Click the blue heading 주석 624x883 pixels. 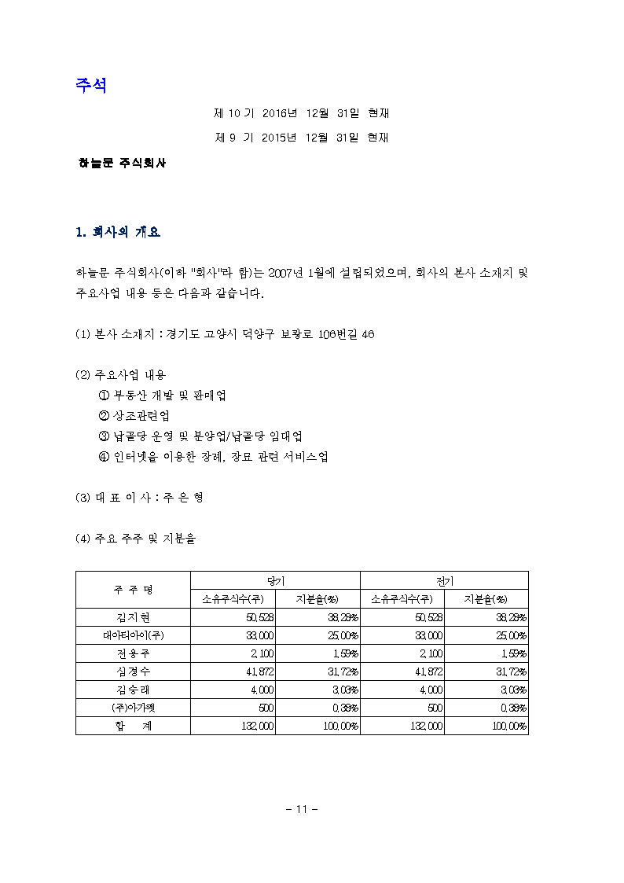(x=91, y=86)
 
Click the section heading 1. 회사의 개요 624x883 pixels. (x=118, y=233)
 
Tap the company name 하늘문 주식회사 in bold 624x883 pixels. (x=121, y=164)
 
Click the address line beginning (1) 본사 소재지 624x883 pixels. (x=225, y=334)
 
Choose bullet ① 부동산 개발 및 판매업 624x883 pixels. (x=163, y=396)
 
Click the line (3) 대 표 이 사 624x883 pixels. (x=140, y=498)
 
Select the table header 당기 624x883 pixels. (x=275, y=580)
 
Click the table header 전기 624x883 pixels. (x=444, y=580)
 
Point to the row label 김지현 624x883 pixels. (x=133, y=618)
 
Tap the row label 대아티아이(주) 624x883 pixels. (x=133, y=636)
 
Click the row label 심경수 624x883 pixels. (x=133, y=672)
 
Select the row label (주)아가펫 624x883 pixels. (x=133, y=708)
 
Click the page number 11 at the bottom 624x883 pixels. (x=300, y=809)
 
